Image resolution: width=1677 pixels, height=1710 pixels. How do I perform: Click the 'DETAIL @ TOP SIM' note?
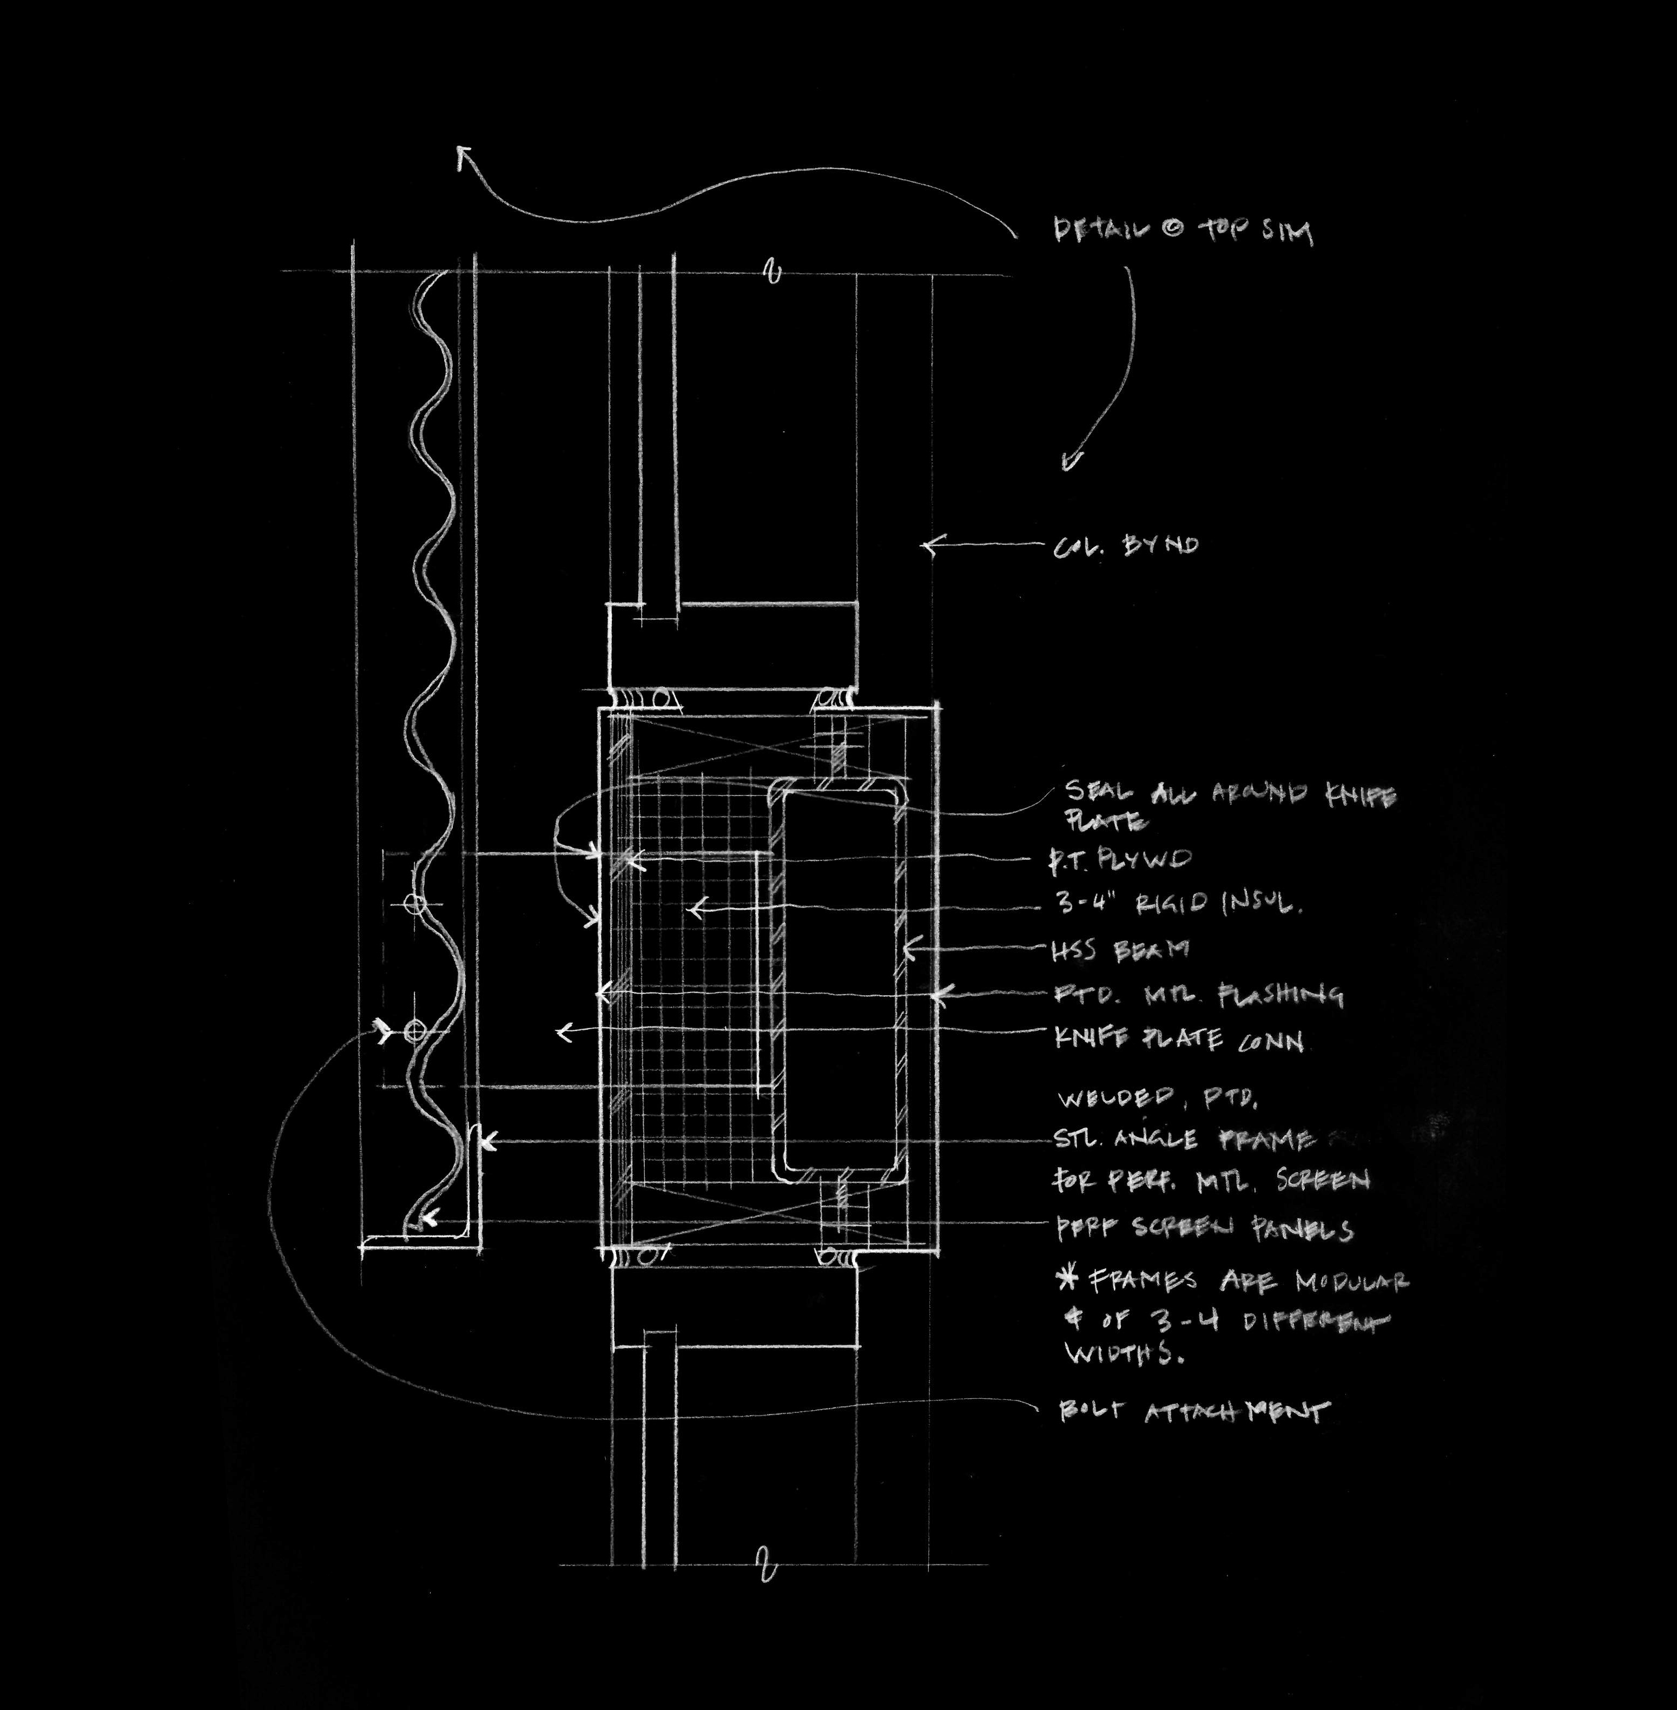[1184, 232]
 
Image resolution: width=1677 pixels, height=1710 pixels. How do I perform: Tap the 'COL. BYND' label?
[1126, 546]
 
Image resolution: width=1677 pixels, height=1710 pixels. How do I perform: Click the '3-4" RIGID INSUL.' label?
[1178, 904]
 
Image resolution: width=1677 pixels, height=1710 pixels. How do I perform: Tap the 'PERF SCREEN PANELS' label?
[1204, 1229]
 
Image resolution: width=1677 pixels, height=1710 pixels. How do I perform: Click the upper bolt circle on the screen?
[415, 903]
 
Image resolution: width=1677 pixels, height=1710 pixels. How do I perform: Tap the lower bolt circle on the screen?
[414, 1031]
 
